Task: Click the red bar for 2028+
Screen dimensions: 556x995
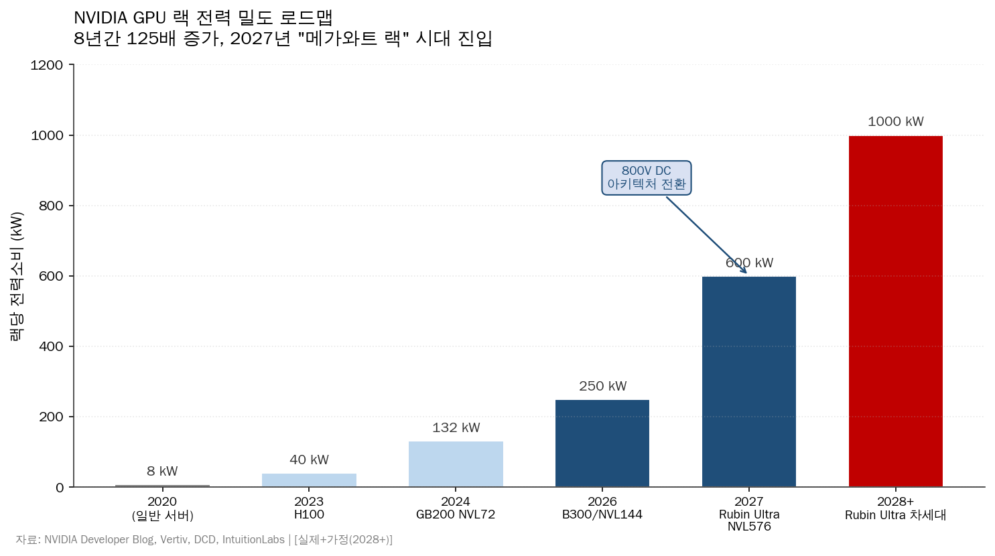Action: (x=895, y=311)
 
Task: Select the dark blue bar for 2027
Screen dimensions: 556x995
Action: (x=748, y=382)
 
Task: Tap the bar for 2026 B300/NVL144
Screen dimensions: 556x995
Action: (x=602, y=443)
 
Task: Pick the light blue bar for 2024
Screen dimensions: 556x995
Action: (x=456, y=464)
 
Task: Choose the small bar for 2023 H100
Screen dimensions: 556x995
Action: (x=309, y=480)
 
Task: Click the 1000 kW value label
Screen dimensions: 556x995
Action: (x=895, y=122)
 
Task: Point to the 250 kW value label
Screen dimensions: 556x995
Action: (x=602, y=387)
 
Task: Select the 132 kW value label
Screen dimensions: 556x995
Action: (x=456, y=428)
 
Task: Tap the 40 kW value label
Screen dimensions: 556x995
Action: (x=309, y=460)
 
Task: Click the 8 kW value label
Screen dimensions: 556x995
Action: (x=162, y=472)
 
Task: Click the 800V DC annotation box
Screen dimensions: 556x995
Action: (x=646, y=178)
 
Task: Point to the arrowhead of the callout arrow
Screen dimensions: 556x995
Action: (x=745, y=272)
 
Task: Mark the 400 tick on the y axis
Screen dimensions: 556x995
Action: (x=51, y=346)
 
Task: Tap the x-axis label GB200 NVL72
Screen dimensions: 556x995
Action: (x=456, y=514)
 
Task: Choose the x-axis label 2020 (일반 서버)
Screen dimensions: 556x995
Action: (x=162, y=508)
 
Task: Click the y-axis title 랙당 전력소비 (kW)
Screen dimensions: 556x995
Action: (x=17, y=276)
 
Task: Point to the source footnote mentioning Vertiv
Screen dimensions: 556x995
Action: (x=204, y=540)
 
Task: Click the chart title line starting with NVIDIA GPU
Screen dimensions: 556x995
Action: (x=203, y=17)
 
